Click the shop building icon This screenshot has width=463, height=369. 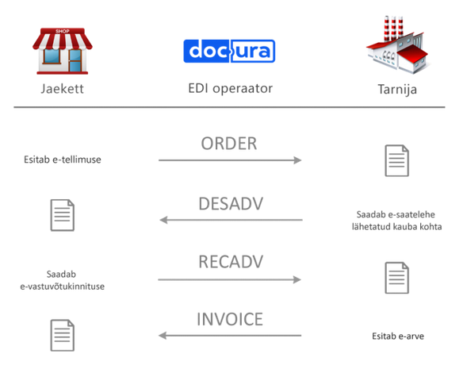(63, 51)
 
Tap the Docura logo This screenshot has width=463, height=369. (229, 51)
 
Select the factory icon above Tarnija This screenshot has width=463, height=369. (397, 45)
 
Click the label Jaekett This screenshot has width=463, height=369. (62, 89)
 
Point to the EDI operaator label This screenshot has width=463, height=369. (231, 88)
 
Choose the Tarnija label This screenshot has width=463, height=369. (397, 90)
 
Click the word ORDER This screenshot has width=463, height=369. (229, 144)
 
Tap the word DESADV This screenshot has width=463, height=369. (231, 204)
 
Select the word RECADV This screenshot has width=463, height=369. (231, 262)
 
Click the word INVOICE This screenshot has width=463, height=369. (230, 319)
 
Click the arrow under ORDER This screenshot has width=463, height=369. (230, 160)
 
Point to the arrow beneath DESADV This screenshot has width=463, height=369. (231, 220)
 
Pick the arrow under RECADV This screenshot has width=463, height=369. (229, 279)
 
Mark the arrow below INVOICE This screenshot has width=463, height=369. (230, 336)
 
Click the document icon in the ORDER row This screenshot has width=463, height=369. (397, 160)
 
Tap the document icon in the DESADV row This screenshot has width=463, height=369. (63, 215)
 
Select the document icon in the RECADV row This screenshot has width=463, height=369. (397, 278)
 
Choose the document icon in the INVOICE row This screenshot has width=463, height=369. (63, 335)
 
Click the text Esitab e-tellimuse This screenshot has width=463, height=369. (63, 160)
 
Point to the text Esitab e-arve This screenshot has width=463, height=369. (398, 336)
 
